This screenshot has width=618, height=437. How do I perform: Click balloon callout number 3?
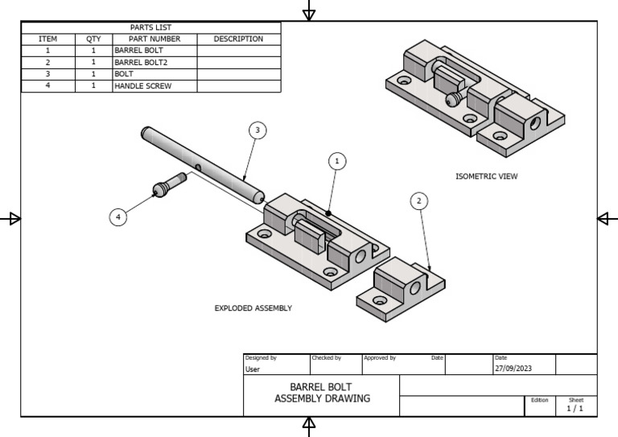[x=257, y=130]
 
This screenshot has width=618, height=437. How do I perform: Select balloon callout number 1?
[x=337, y=162]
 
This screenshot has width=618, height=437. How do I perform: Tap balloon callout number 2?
[x=418, y=201]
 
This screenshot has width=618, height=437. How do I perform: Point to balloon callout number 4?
[x=118, y=216]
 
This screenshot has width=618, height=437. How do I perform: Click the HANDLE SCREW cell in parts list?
[x=142, y=85]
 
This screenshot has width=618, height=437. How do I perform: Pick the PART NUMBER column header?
[x=154, y=39]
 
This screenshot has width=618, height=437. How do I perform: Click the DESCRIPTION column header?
[x=238, y=39]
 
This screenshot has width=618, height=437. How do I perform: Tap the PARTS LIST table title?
[x=150, y=27]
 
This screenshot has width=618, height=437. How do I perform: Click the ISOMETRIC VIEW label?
[x=487, y=176]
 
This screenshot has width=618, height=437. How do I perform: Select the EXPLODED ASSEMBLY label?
[x=253, y=307]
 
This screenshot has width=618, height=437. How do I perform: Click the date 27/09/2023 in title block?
[x=513, y=369]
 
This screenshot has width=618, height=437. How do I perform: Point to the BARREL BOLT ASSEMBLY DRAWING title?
[x=321, y=393]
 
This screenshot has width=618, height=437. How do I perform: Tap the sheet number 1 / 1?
[x=575, y=408]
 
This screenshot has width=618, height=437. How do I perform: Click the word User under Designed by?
[x=253, y=369]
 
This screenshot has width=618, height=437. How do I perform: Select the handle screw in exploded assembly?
[x=167, y=188]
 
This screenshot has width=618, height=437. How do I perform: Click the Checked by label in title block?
[x=326, y=357]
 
